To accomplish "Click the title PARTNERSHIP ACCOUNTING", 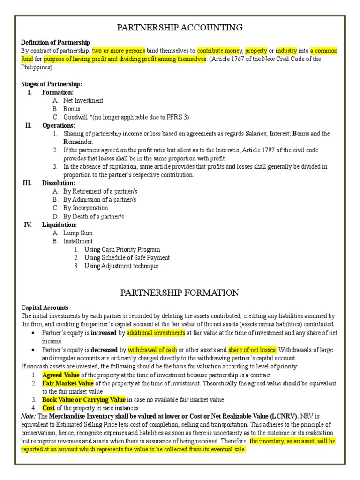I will click(180, 28).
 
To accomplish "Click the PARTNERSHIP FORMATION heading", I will click(180, 293).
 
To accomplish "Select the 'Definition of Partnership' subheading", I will click(56, 43).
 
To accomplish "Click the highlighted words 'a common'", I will click(324, 51).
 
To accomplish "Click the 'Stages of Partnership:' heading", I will click(52, 84).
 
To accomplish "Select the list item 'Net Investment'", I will click(83, 101).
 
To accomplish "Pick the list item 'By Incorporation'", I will click(85, 208).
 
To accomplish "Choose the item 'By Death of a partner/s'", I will click(94, 217).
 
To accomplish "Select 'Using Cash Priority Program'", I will click(122, 250).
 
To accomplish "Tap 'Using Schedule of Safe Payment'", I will click(127, 258).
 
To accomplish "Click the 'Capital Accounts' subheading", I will click(45, 307).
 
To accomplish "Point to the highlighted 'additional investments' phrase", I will click(156, 332).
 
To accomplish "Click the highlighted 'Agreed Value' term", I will click(61, 375).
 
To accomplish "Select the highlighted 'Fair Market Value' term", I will click(68, 383).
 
